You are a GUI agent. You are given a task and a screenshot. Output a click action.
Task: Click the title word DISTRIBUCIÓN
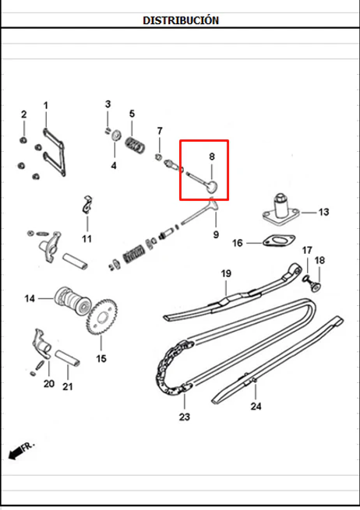tap(181, 20)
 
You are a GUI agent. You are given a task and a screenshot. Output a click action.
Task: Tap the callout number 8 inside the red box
tap(212, 157)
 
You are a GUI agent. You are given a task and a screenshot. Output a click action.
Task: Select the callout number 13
tap(323, 212)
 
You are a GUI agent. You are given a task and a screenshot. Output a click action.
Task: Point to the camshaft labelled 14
tap(72, 301)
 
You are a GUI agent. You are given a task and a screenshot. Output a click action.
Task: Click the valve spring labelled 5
tap(135, 145)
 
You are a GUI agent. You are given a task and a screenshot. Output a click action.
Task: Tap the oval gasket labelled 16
tap(279, 241)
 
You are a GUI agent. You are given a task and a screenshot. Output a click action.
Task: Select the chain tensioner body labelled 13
tap(281, 209)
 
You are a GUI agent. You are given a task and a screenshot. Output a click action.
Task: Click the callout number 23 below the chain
tap(184, 417)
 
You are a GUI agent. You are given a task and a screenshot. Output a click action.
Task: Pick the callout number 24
tap(256, 406)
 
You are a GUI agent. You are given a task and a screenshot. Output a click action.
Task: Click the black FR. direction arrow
tap(16, 452)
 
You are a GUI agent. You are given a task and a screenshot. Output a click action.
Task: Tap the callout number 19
tap(226, 273)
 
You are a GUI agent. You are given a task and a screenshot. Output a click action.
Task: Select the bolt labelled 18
tap(316, 287)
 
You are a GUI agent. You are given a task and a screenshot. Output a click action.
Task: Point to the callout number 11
tap(86, 239)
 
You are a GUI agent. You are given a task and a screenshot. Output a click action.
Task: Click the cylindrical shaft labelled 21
tap(67, 357)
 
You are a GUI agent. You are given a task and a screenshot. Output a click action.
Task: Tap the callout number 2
tap(23, 114)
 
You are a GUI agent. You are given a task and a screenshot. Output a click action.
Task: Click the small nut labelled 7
tap(158, 157)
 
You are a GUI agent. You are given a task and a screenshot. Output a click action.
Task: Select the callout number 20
tap(49, 384)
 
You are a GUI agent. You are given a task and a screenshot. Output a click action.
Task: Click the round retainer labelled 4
tap(115, 135)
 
